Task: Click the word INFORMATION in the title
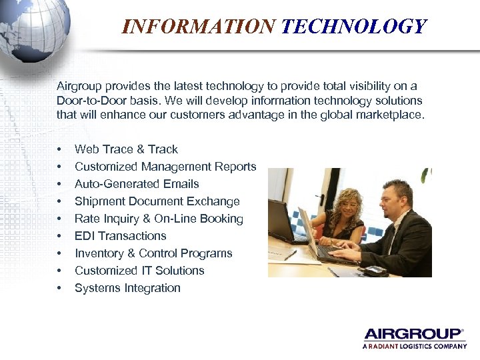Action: click(x=199, y=26)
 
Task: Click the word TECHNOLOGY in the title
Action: click(x=353, y=26)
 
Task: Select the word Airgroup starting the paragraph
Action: click(x=79, y=86)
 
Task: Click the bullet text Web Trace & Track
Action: click(x=126, y=149)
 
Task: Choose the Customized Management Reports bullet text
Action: click(x=165, y=167)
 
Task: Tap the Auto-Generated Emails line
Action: click(x=137, y=184)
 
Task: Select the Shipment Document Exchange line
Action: click(x=157, y=201)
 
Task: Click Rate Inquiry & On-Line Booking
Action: click(x=159, y=219)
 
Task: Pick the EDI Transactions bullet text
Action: click(x=120, y=236)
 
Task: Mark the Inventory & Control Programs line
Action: click(x=153, y=253)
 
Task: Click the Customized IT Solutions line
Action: click(x=139, y=271)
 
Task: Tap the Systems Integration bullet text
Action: click(x=127, y=288)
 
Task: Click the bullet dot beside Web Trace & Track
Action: click(x=59, y=150)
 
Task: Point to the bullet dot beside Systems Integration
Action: click(x=59, y=289)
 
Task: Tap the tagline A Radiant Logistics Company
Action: click(x=414, y=346)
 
